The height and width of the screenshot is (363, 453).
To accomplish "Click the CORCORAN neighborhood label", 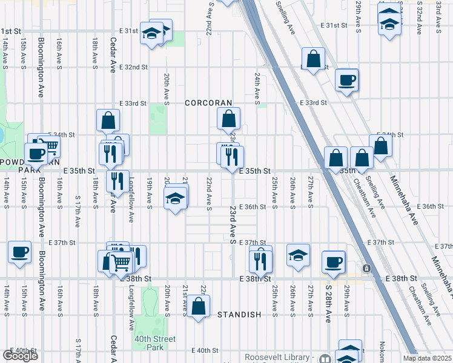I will (x=209, y=103).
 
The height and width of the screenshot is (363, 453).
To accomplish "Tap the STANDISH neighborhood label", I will (x=239, y=315).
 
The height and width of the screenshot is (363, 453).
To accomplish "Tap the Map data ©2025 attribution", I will (x=427, y=358).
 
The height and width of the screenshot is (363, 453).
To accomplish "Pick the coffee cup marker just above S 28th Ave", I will (x=333, y=262).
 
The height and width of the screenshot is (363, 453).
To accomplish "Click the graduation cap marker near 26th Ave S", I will (x=298, y=255).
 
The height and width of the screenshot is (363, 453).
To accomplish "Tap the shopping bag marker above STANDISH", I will (x=199, y=306).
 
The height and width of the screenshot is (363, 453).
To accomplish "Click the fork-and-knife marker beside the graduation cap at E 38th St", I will (x=260, y=260).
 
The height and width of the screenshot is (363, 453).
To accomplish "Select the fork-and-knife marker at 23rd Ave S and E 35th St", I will (x=232, y=157).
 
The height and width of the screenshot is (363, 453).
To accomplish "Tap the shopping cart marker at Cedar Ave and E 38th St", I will (x=121, y=263).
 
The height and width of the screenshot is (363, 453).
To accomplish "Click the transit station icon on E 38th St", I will (x=366, y=268).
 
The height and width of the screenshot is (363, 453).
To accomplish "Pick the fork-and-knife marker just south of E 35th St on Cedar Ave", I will (x=117, y=181).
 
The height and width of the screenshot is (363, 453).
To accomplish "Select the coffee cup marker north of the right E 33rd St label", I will (x=347, y=80).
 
